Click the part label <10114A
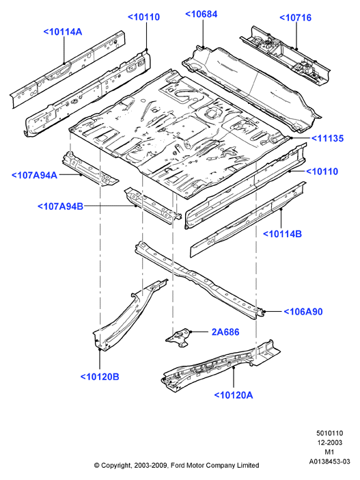[x=63, y=32]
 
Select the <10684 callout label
[x=202, y=14]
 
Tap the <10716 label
[x=296, y=18]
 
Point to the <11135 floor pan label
[x=328, y=138]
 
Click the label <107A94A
[x=35, y=176]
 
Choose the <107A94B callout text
[x=61, y=206]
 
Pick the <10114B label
[x=282, y=234]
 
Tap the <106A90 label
[x=303, y=312]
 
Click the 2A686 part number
[x=225, y=332]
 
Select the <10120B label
[x=100, y=377]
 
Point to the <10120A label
[x=234, y=395]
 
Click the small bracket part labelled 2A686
[x=178, y=337]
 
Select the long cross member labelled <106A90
[x=199, y=280]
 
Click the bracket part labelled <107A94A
[x=89, y=170]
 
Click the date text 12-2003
[x=329, y=442]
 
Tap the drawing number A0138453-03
[x=329, y=462]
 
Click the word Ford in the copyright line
[x=178, y=466]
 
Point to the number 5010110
[x=329, y=434]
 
